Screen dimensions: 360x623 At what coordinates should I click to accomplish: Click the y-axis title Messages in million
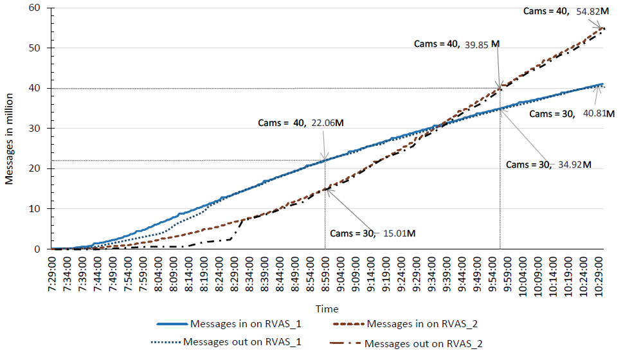(x=10, y=129)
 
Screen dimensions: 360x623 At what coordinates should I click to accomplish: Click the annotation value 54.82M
(x=592, y=12)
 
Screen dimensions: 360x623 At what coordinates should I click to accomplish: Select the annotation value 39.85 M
(x=482, y=44)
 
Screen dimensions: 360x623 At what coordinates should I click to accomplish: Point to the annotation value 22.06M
(x=327, y=123)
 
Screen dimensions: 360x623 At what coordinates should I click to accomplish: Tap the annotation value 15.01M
(x=399, y=233)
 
